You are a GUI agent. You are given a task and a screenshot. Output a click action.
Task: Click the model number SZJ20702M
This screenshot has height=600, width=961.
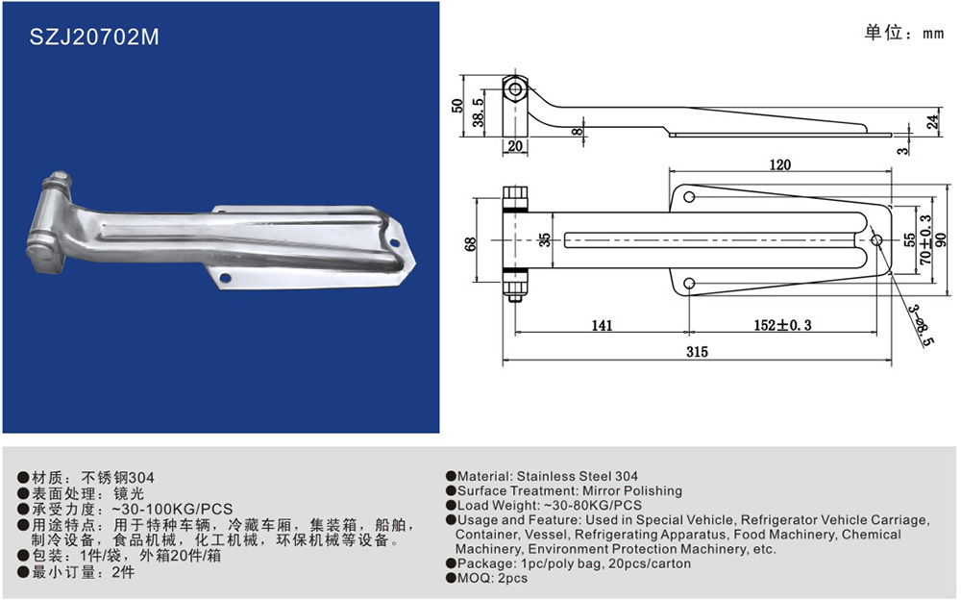[x=94, y=37]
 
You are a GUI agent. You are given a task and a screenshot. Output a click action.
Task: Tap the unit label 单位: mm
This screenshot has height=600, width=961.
[x=903, y=32]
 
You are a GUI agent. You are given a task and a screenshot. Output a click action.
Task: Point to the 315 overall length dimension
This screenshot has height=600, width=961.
[x=697, y=352]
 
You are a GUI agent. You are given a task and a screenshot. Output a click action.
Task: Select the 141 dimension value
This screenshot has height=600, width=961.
[x=602, y=325]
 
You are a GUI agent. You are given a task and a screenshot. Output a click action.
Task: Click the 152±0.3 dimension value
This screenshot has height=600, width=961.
[x=782, y=325]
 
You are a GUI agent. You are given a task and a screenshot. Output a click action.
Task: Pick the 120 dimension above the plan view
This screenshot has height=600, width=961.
[x=779, y=164]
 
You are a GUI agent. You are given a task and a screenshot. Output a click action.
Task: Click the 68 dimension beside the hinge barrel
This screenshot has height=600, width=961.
[x=470, y=243]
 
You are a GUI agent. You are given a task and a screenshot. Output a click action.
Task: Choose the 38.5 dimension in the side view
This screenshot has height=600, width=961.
[x=478, y=112]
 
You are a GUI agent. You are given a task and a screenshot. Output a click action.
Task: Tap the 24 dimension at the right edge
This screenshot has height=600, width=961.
[x=932, y=121]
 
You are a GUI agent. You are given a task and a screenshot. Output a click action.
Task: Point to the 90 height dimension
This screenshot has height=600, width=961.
[x=941, y=239]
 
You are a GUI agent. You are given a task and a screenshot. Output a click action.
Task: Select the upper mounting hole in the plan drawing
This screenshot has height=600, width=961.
[x=689, y=197]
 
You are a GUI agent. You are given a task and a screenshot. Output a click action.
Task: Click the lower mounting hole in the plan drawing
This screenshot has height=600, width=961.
[x=689, y=284]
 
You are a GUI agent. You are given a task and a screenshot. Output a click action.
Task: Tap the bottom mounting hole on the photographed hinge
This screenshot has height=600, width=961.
[x=226, y=279]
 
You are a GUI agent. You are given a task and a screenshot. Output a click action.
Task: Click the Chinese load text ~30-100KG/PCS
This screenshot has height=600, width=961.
[x=172, y=510]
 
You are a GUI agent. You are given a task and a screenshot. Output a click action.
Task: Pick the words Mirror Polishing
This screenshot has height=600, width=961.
[x=632, y=490]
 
